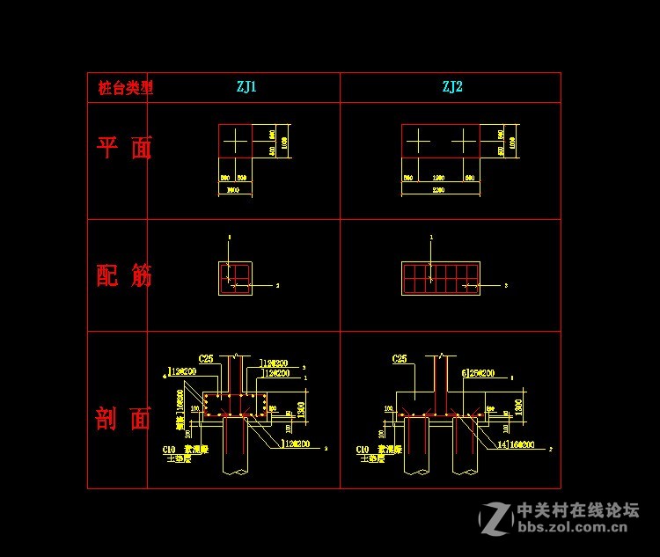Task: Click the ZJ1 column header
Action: point(246,87)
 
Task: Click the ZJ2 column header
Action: point(452,87)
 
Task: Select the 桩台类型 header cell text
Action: point(125,88)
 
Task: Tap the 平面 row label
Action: point(124,148)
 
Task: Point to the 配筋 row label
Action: point(124,275)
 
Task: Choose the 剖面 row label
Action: point(124,419)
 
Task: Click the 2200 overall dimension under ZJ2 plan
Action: point(440,189)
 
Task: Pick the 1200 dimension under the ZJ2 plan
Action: point(439,179)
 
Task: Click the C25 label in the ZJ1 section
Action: point(205,358)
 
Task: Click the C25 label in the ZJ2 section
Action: point(399,358)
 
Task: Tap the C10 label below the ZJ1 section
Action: point(169,449)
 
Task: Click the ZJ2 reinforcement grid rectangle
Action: point(441,278)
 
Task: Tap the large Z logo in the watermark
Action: point(495,519)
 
